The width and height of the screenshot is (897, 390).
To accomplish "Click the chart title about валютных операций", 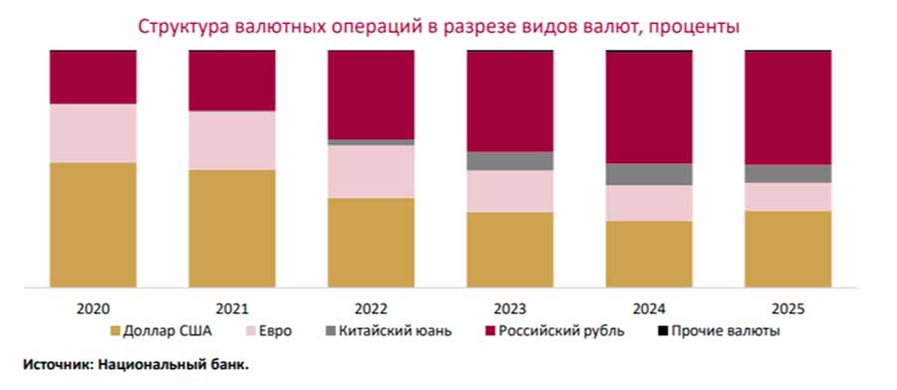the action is pyautogui.click(x=440, y=26).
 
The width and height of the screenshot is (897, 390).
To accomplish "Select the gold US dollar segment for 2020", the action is pyautogui.click(x=94, y=225).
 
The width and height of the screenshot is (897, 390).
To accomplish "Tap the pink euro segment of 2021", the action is pyautogui.click(x=232, y=140).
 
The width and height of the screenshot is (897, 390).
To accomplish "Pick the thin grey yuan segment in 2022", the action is pyautogui.click(x=372, y=142).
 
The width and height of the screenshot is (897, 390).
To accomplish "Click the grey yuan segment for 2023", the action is pyautogui.click(x=510, y=161).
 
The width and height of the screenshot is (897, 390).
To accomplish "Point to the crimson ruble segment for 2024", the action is pyautogui.click(x=649, y=107).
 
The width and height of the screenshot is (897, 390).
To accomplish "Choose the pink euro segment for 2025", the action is pyautogui.click(x=788, y=197).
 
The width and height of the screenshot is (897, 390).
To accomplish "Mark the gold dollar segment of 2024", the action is pyautogui.click(x=649, y=254).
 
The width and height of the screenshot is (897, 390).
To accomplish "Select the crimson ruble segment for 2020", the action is pyautogui.click(x=94, y=78).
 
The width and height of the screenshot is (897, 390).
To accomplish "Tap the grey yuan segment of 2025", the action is pyautogui.click(x=788, y=173).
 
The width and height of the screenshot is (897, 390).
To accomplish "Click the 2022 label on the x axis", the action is pyautogui.click(x=372, y=309).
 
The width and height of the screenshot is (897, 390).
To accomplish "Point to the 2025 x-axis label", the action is pyautogui.click(x=788, y=309).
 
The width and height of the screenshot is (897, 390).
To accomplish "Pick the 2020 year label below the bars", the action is pyautogui.click(x=94, y=309).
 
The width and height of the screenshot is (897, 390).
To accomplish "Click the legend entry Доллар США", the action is pyautogui.click(x=161, y=331).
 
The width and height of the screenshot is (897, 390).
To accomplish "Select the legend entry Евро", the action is pyautogui.click(x=269, y=331).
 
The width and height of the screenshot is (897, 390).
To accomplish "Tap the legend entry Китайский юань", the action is pyautogui.click(x=389, y=331).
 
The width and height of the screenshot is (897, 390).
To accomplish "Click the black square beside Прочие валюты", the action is pyautogui.click(x=663, y=330).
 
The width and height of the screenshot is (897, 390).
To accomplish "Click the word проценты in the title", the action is pyautogui.click(x=695, y=27).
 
